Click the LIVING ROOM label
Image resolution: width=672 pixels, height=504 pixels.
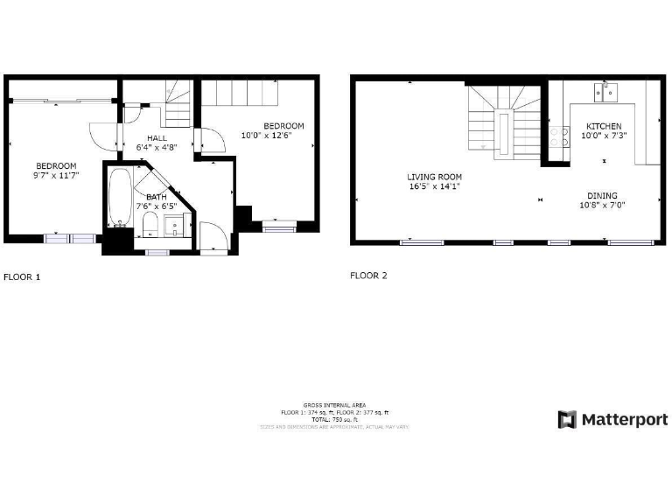[434, 177]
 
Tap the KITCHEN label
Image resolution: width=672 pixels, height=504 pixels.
[604, 127]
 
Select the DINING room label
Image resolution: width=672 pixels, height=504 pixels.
[602, 195]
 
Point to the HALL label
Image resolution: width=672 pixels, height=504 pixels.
[157, 138]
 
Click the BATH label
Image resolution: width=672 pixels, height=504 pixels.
[157, 197]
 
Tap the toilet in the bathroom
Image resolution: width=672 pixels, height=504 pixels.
[149, 225]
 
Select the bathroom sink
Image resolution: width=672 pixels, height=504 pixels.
[178, 227]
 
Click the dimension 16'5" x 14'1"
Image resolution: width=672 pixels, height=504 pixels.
[434, 186]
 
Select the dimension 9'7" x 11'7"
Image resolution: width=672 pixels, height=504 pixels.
[56, 176]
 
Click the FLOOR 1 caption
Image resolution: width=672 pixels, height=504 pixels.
[22, 276]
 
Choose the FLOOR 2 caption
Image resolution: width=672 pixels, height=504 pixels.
[368, 276]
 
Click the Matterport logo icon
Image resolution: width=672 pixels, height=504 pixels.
[567, 420]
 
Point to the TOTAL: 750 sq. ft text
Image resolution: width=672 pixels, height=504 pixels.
[334, 419]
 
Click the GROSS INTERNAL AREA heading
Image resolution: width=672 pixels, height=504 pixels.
[334, 405]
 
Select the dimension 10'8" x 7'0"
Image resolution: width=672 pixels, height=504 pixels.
[602, 205]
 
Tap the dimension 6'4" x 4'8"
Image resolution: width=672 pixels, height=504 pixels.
[157, 148]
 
